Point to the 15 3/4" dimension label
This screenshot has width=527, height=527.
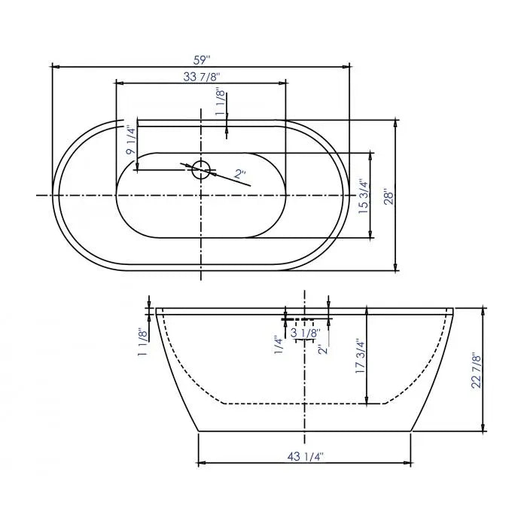(x=364, y=197)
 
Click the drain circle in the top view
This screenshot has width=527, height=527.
(x=201, y=169)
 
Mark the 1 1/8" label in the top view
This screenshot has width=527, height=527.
(x=220, y=103)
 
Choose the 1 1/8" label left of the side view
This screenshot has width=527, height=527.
(x=142, y=343)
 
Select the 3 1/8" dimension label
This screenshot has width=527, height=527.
(x=305, y=332)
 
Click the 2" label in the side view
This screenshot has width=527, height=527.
(x=322, y=349)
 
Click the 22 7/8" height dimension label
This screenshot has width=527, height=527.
(x=474, y=370)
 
